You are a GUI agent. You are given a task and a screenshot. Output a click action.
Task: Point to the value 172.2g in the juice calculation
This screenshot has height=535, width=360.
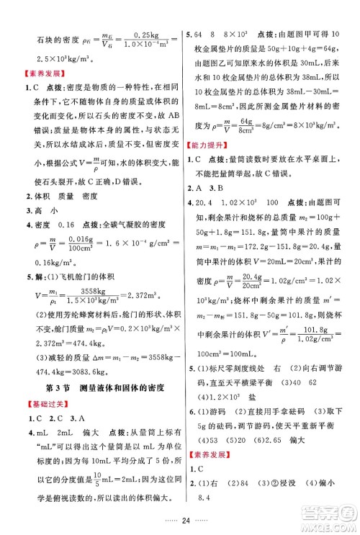(274, 244)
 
